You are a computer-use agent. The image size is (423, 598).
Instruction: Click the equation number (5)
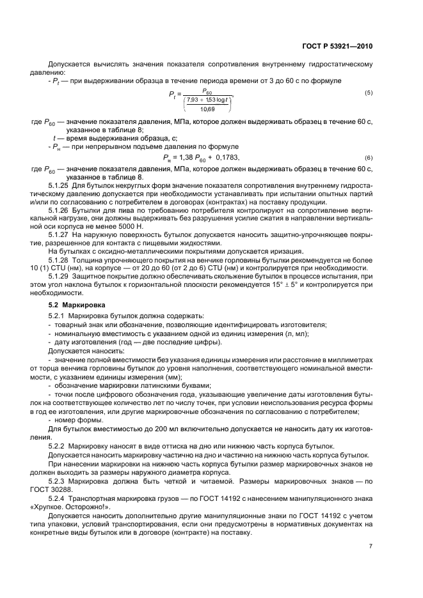[x=369, y=93]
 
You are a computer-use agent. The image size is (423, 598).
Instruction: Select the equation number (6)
[x=369, y=158]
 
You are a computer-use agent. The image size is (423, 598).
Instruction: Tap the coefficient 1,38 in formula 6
[x=183, y=158]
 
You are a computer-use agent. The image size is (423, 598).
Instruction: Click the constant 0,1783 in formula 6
[x=225, y=158]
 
